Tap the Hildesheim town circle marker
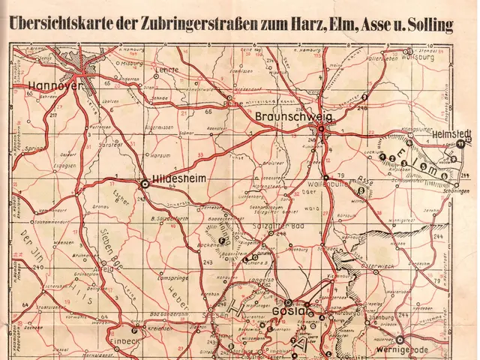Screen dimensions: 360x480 tap(144, 181)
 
